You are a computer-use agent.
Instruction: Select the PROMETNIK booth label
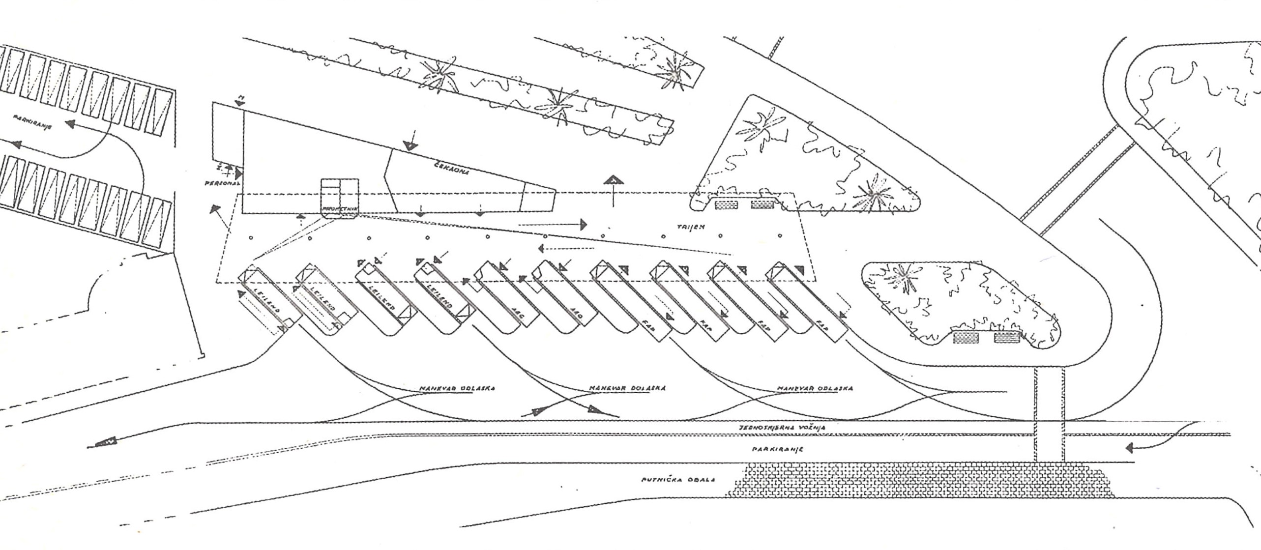[339, 209]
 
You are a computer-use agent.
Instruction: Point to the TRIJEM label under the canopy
[691, 227]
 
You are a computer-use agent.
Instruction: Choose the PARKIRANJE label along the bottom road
[777, 449]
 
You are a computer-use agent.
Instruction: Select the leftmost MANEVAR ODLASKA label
[457, 388]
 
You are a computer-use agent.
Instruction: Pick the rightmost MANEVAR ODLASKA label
[815, 388]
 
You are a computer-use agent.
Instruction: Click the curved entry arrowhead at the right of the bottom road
[1130, 448]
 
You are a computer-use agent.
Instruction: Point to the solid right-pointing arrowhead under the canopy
[583, 225]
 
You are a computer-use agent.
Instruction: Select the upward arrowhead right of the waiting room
[614, 180]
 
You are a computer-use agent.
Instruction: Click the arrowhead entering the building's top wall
[410, 145]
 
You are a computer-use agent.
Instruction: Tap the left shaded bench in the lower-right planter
[966, 338]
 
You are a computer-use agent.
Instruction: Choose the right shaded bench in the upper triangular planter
[762, 204]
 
